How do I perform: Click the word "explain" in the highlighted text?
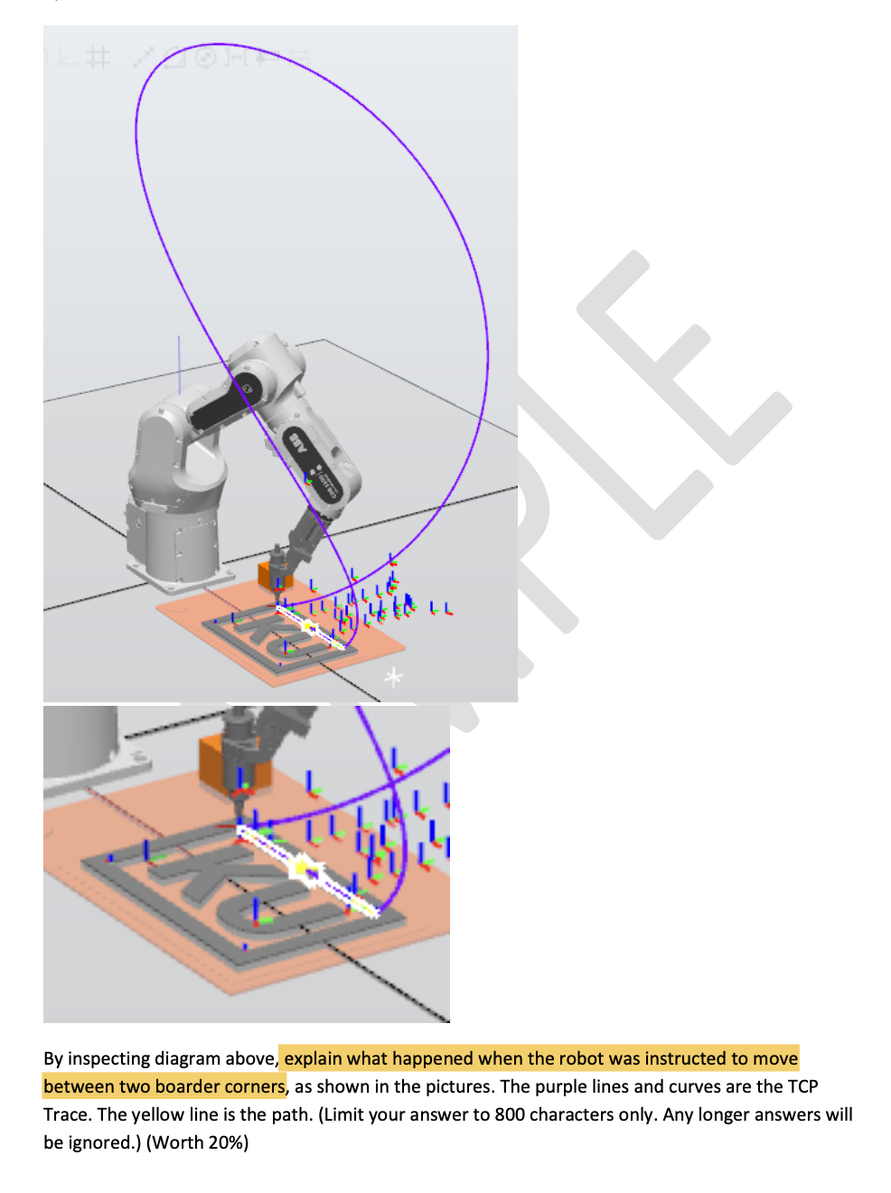click(x=313, y=1058)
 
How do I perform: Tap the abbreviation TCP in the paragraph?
click(x=802, y=1086)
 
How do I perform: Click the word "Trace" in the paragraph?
click(x=66, y=1114)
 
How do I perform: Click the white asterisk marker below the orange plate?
click(x=393, y=677)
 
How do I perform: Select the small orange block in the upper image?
click(x=268, y=575)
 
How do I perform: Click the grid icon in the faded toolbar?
click(x=99, y=59)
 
